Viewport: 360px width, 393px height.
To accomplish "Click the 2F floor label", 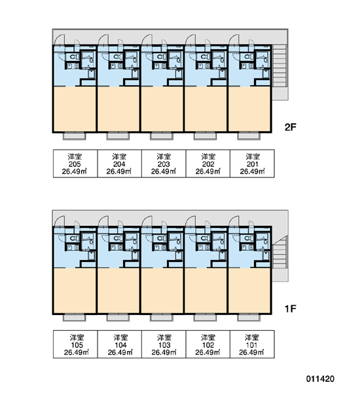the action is pos(291,127).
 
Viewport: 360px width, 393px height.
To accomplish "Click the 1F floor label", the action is pos(291,309).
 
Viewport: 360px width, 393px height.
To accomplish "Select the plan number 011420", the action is pos(320,379).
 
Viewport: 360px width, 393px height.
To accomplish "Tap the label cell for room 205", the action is pos(75,164).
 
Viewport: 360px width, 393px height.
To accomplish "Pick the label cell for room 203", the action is pos(164,164).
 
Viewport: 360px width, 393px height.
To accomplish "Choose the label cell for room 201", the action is pos(252,164).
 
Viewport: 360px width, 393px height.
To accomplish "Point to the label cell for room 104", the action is pos(120,344).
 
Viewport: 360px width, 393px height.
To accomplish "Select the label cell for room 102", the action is pos(208,344).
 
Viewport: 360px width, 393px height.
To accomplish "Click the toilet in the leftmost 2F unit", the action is pos(74,57).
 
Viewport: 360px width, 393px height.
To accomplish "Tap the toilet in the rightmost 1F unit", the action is pos(249,238).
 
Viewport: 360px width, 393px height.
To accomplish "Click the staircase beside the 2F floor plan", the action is pos(279,72).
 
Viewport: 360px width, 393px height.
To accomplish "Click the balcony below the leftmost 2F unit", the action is pos(75,136).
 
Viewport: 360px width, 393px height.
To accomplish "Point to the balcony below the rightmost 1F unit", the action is pos(249,317).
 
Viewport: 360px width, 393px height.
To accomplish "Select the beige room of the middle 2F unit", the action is pos(162,109).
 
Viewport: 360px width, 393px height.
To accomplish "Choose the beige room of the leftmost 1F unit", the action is pos(75,290).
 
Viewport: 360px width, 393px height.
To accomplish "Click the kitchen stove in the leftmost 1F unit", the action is pos(69,248).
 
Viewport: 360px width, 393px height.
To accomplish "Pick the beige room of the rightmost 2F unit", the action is pos(249,109).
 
